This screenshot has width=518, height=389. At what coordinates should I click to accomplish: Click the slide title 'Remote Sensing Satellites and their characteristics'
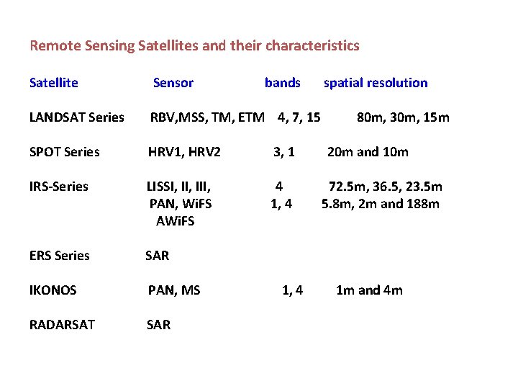[x=194, y=46]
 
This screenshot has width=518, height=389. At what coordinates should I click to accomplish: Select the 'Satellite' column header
[x=54, y=83]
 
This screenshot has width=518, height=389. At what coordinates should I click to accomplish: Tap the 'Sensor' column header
[x=173, y=83]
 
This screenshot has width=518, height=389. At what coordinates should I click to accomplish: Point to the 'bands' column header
[x=283, y=83]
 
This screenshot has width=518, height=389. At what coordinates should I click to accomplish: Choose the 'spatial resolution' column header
[x=376, y=83]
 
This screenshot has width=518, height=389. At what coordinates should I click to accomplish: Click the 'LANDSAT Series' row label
[x=77, y=117]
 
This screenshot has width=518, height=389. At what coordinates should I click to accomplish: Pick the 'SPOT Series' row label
[x=65, y=152]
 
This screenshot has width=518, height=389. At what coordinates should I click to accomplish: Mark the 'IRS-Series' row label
[x=59, y=187]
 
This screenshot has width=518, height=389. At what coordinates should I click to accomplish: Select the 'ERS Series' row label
[x=60, y=256]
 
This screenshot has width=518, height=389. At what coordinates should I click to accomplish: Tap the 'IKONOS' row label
[x=53, y=290]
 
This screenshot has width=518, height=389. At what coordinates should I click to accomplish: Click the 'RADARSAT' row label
[x=62, y=325]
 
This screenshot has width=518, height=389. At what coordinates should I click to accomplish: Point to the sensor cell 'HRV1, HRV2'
[x=184, y=152]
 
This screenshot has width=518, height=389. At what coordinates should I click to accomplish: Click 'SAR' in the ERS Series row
[x=158, y=256]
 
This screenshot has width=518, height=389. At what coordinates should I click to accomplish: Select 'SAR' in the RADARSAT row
[x=158, y=325]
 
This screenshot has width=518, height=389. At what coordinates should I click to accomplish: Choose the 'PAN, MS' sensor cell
[x=174, y=290]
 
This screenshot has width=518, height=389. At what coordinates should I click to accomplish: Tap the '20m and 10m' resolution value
[x=368, y=152]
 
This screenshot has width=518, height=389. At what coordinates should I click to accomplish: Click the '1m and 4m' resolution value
[x=369, y=290]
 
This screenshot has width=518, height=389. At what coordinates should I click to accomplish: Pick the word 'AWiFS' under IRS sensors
[x=176, y=221]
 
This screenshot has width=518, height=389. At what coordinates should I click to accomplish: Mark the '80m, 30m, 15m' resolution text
[x=403, y=117]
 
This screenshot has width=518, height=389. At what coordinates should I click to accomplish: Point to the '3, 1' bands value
[x=284, y=152]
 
